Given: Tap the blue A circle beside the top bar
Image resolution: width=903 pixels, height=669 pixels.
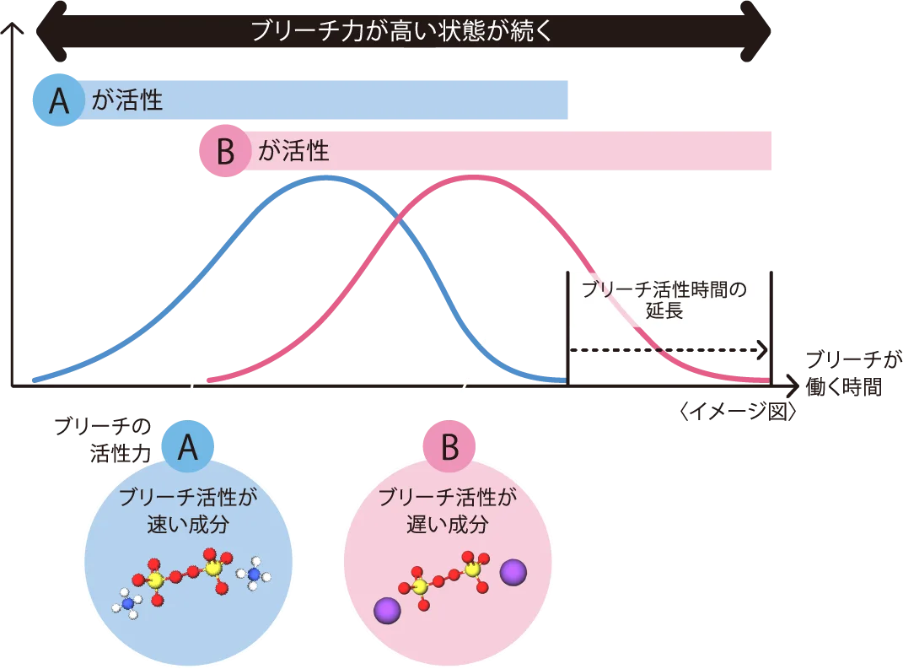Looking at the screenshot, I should [58, 100].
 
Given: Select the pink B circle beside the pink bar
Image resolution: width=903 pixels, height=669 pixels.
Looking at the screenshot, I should [225, 152].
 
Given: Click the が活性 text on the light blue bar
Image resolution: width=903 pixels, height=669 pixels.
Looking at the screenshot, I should [126, 100].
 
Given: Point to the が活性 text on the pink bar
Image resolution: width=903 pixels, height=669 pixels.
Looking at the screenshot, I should [293, 152].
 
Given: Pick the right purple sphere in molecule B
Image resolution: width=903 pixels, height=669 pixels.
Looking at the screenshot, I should [513, 573].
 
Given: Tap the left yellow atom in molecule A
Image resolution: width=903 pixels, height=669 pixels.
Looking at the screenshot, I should [156, 580].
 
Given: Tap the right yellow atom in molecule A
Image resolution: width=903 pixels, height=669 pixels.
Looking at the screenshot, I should [213, 569].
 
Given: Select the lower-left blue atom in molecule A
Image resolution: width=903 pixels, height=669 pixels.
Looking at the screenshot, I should [128, 603].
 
